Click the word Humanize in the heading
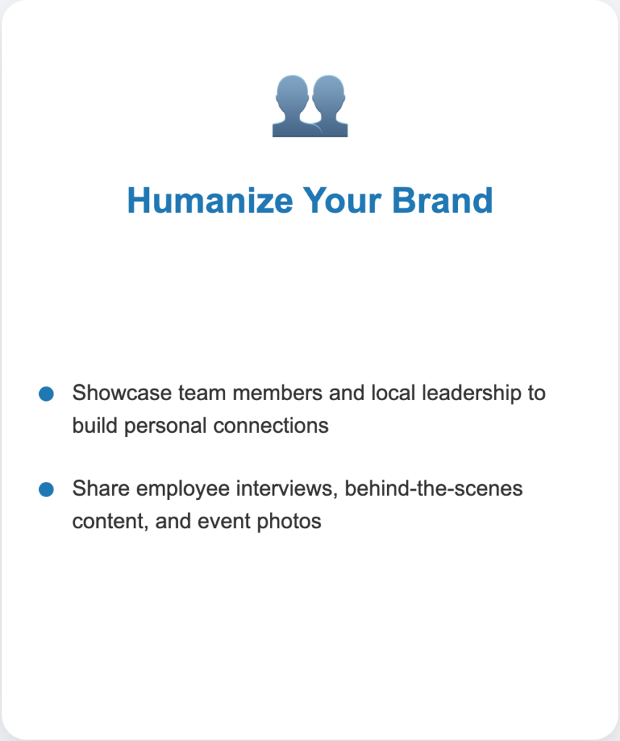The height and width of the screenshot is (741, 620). (211, 200)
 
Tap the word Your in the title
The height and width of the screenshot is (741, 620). (342, 200)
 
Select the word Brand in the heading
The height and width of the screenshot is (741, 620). (442, 200)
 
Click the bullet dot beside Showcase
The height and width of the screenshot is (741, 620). (46, 394)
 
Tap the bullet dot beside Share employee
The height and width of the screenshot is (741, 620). (46, 489)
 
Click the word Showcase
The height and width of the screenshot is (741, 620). (122, 393)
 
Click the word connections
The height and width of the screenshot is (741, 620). (271, 425)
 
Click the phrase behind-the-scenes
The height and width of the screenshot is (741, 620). (433, 488)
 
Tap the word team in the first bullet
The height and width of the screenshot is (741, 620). (202, 393)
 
